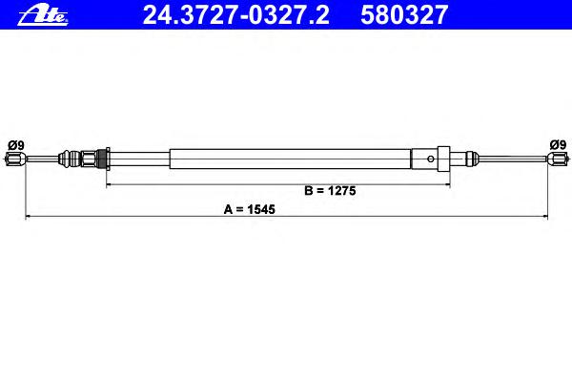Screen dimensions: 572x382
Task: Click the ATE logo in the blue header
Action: click(x=43, y=15)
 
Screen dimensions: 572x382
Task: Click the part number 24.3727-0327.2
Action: click(x=236, y=15)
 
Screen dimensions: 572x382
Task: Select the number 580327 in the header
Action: click(x=404, y=15)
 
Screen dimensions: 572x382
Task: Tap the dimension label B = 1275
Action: click(x=330, y=190)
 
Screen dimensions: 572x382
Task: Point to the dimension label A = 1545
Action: click(x=250, y=209)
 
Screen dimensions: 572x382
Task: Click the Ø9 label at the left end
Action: click(x=16, y=145)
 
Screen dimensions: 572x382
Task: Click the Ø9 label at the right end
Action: click(x=558, y=145)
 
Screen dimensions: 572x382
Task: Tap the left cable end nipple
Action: click(x=15, y=159)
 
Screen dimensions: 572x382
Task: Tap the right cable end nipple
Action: click(x=557, y=159)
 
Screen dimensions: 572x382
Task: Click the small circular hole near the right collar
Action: click(x=431, y=159)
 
